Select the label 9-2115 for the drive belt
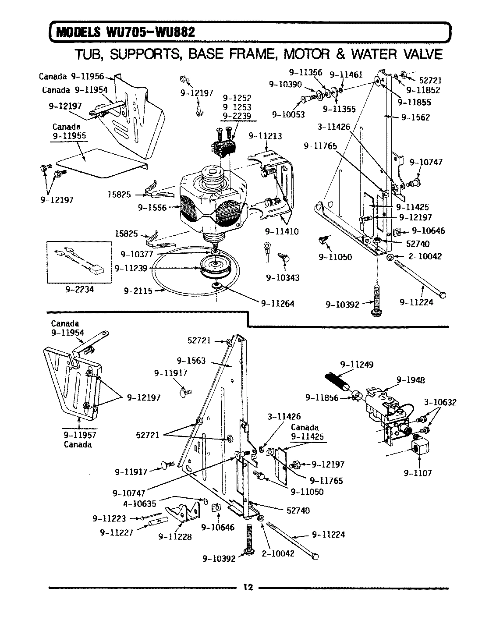[x=138, y=290]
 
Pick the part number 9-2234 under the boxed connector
[x=79, y=289]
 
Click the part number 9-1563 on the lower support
[x=191, y=361]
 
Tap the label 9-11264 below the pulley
[x=277, y=303]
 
